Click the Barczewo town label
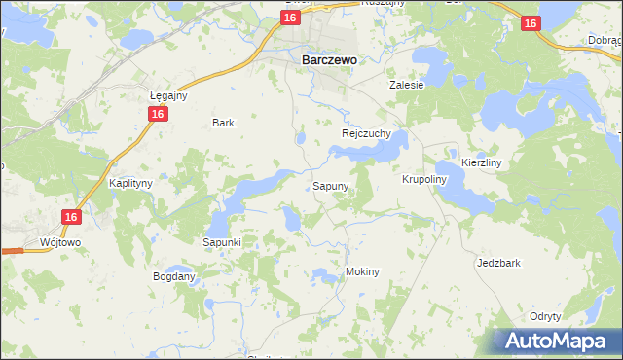pyautogui.click(x=323, y=59)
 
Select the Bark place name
pyautogui.click(x=223, y=123)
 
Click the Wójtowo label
pyautogui.click(x=58, y=241)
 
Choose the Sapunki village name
pyautogui.click(x=221, y=241)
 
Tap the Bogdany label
pyautogui.click(x=174, y=276)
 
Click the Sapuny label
pyautogui.click(x=331, y=185)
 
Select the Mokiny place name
pyautogui.click(x=361, y=271)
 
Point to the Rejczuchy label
pyautogui.click(x=366, y=133)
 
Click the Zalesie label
pyautogui.click(x=407, y=85)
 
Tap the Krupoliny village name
pyautogui.click(x=423, y=180)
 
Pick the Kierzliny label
pyautogui.click(x=481, y=163)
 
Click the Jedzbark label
pyautogui.click(x=499, y=263)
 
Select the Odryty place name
pyautogui.click(x=545, y=316)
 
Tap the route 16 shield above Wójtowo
pyautogui.click(x=70, y=218)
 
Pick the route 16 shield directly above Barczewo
pyautogui.click(x=290, y=18)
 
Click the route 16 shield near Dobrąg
pyautogui.click(x=530, y=23)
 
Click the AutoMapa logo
pyautogui.click(x=557, y=341)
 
